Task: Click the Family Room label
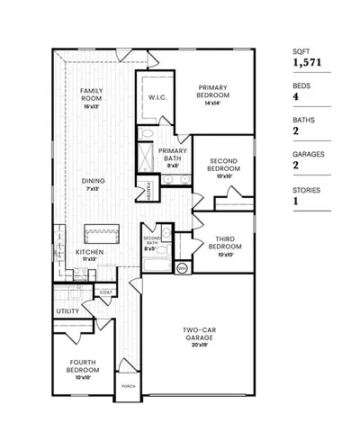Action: pos(90,95)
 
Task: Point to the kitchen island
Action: pos(102,233)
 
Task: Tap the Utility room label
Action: pos(68,311)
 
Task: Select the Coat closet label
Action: pos(105,292)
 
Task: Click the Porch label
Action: pos(130,387)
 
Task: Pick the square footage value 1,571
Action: pos(306,64)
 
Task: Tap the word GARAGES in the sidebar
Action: pos(308,154)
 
